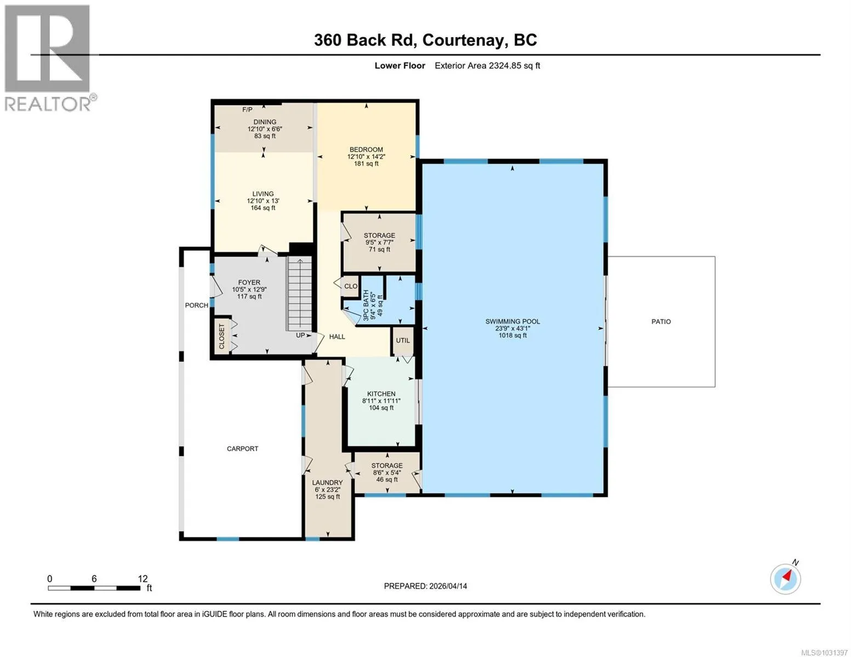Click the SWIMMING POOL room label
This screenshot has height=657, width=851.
pos(512,321)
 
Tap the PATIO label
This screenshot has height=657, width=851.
pos(661,321)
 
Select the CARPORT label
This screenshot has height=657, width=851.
pos(242,449)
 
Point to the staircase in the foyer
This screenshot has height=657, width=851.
pos(300,293)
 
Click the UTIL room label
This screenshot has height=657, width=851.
pos(403,341)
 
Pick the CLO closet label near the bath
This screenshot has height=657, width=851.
pos(351,286)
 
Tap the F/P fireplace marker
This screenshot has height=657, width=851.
pos(247,109)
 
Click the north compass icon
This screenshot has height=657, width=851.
pos(786,579)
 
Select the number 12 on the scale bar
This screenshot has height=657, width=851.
pos(143,579)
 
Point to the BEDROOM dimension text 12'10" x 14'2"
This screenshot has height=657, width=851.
pos(366,157)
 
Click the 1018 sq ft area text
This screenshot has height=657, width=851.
pos(512,336)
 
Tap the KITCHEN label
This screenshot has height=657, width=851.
pos(381,394)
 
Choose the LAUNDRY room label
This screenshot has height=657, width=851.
pos(327,482)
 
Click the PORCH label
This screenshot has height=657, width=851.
pos(197,305)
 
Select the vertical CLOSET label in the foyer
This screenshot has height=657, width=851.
pos(222,337)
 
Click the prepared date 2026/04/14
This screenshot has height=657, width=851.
pos(448,586)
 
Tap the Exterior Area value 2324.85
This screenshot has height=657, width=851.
pos(505,66)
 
